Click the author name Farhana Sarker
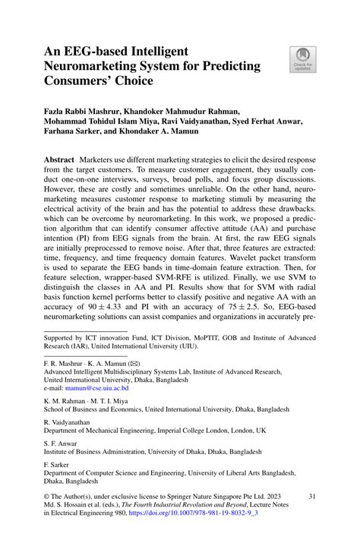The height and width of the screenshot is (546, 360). coord(77,132)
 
